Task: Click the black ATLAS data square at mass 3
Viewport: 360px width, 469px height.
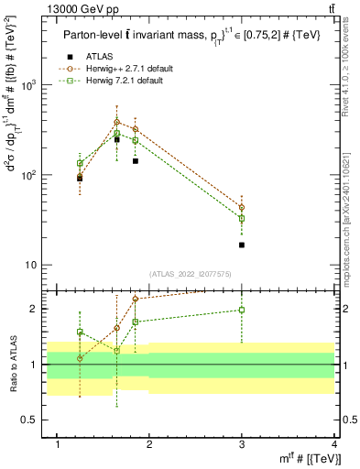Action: coord(242,245)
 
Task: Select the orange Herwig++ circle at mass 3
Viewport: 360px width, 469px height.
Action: coord(242,208)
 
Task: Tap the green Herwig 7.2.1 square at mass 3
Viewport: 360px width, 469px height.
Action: coord(242,219)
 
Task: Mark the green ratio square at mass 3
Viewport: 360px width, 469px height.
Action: coord(242,310)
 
